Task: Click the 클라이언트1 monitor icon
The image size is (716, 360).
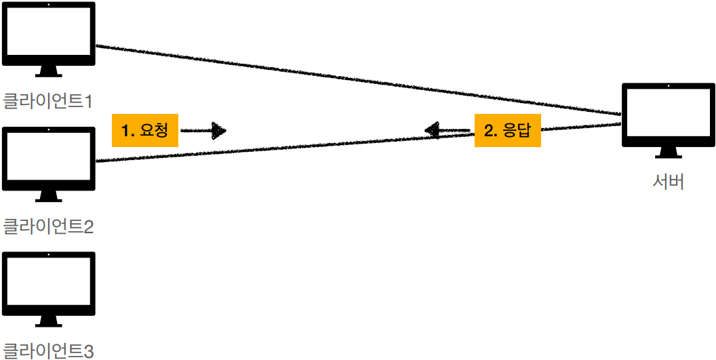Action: [x=48, y=34]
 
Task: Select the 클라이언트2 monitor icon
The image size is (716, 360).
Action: [x=48, y=160]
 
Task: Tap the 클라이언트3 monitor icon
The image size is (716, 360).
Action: [x=48, y=285]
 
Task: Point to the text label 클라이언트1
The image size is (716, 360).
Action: [x=47, y=101]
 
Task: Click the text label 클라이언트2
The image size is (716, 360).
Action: [x=47, y=226]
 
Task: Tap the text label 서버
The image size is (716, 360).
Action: [x=668, y=182]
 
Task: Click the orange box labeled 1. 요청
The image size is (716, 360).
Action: [x=145, y=130]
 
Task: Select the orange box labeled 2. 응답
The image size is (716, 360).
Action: [x=507, y=130]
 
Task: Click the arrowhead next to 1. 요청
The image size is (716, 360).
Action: [x=218, y=130]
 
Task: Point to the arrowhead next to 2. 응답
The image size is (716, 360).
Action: [x=432, y=130]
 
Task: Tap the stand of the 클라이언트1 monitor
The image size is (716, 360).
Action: [x=48, y=71]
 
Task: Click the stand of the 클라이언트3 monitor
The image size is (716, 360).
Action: [x=48, y=321]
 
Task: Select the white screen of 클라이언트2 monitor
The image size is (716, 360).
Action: [x=48, y=156]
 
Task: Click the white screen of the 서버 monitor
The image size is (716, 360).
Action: [x=669, y=111]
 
